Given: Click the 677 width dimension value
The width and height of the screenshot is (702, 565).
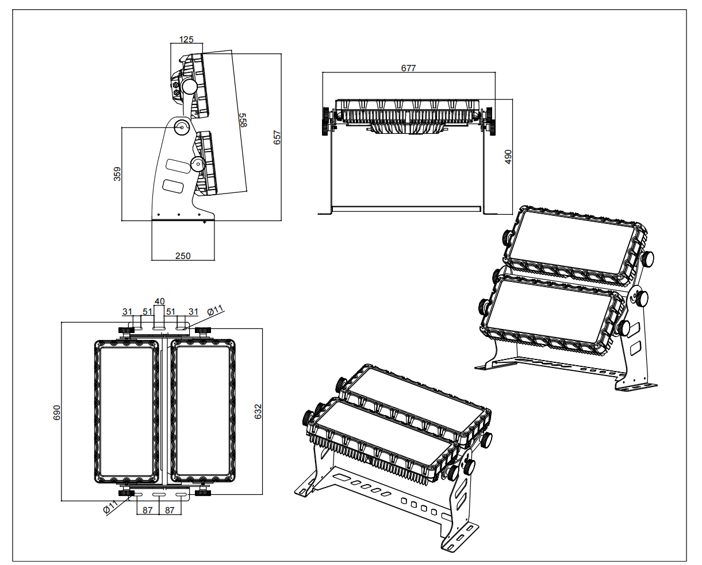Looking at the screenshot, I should [408, 68].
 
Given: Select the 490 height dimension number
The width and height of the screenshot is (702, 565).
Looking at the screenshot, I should [508, 157].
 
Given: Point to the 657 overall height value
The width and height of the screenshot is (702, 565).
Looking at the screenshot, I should [277, 137].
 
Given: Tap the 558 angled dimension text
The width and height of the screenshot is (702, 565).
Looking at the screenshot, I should [243, 121].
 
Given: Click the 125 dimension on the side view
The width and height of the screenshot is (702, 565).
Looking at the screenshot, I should [186, 40].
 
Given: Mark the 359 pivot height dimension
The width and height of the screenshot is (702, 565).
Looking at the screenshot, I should [117, 174].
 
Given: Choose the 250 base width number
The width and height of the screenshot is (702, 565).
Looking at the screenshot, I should [183, 256].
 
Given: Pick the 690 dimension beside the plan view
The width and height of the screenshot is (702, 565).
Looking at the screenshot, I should [57, 412].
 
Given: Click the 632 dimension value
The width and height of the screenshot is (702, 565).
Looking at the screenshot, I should [258, 411].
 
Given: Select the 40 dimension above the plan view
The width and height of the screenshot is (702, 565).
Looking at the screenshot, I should [159, 301].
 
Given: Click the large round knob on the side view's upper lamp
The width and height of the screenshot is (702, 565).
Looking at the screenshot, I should [188, 87].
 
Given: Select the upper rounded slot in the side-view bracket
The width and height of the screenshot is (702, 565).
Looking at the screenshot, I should [178, 165].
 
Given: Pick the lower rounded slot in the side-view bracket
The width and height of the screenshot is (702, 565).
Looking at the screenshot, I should [174, 185].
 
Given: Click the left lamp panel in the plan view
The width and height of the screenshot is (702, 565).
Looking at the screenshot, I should [126, 411].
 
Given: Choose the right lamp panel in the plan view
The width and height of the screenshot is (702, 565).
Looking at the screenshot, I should [204, 411].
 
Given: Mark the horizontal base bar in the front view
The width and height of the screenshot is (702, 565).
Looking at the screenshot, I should [408, 208].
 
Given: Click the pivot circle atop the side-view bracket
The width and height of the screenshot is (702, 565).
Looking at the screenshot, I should [182, 127].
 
